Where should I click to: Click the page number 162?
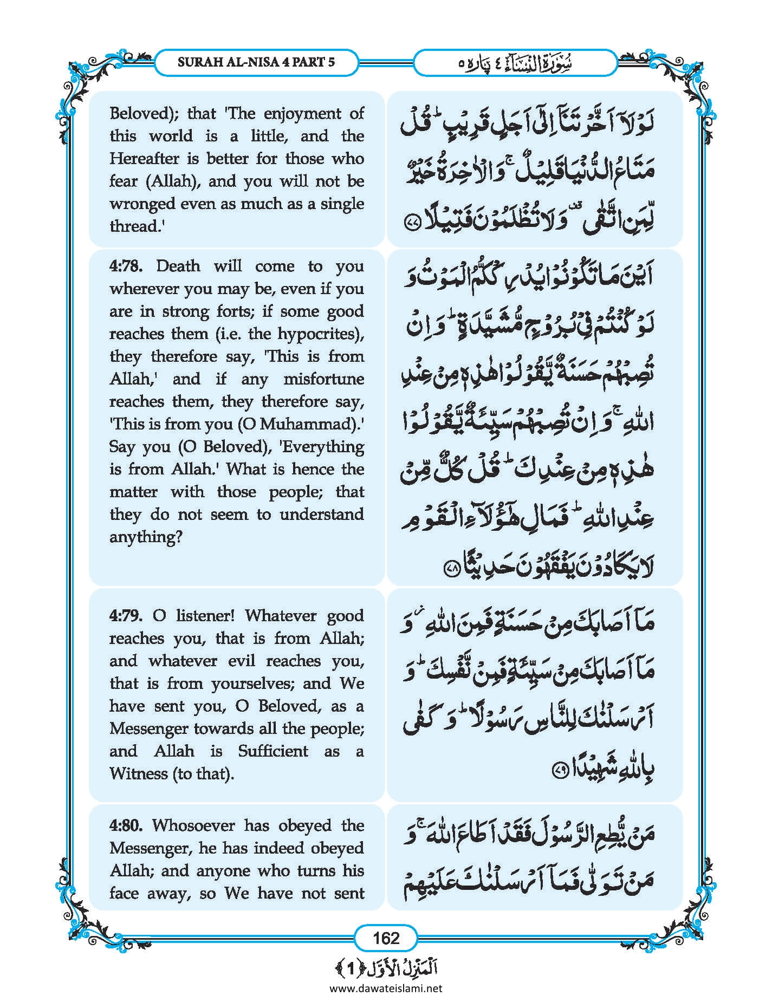coord(386,938)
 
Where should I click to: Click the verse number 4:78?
coord(126,266)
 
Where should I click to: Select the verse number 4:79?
coord(126,616)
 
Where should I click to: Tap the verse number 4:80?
coord(126,825)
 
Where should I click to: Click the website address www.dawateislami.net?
coord(386,988)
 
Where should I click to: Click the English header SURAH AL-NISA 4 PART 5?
coord(256,62)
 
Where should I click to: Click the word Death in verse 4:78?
coord(178,266)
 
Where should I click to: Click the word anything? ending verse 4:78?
coord(146,537)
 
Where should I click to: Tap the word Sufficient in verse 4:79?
coord(273,751)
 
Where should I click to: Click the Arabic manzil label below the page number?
coord(386,967)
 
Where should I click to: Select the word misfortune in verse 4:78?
coord(323,379)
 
